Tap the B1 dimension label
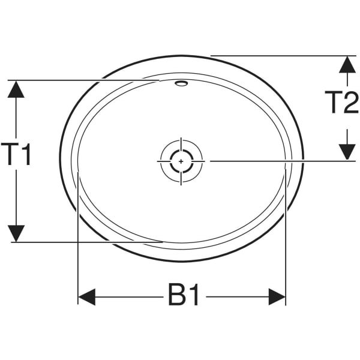184,296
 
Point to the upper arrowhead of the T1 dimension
17,89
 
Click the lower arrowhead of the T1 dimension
17,233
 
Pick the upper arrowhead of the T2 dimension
346,65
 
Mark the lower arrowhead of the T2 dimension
346,152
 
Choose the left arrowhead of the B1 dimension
87,296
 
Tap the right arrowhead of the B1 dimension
277,296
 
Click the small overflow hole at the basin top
181,84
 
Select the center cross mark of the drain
181,161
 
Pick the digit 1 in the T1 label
26,155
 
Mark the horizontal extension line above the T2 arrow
282,56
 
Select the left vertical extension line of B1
79,240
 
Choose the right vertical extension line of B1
286,240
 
